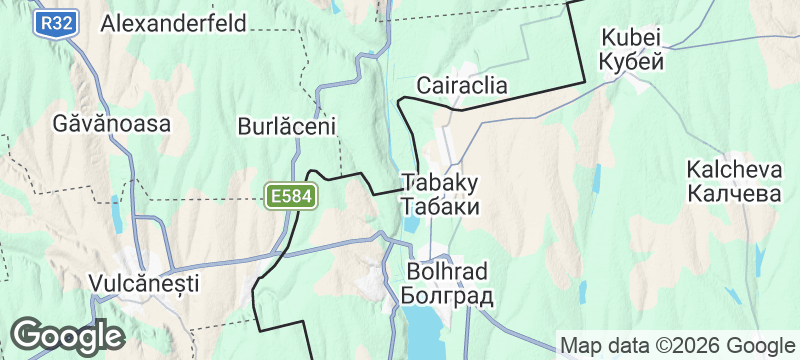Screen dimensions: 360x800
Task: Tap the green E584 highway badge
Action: (x=291, y=197)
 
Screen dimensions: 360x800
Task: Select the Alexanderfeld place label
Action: (x=174, y=23)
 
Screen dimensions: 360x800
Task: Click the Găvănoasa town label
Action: (x=113, y=124)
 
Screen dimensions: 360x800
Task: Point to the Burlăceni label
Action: (x=286, y=127)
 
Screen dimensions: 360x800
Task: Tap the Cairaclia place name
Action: (x=462, y=85)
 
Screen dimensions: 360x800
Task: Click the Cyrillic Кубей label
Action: (x=632, y=61)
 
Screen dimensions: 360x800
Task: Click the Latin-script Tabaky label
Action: (x=440, y=183)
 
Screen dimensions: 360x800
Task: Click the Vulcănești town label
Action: (x=144, y=283)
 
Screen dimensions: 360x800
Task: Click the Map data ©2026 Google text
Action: (x=677, y=345)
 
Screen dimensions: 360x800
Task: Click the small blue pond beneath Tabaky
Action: (x=413, y=224)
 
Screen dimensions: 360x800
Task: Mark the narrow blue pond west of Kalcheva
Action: (x=597, y=180)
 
